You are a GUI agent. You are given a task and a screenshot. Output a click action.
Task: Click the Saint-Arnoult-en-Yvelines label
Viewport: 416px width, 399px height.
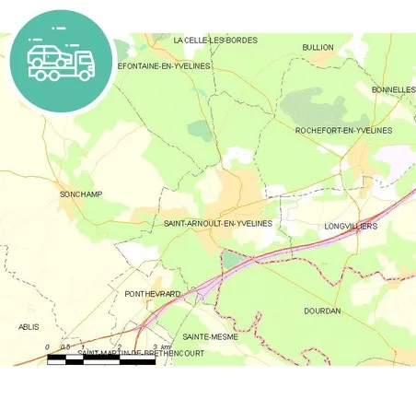click(x=217, y=224)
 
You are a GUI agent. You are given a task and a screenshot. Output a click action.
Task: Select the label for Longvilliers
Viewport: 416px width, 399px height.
click(x=351, y=226)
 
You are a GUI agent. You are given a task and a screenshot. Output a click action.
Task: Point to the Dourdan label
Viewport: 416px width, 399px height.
click(x=322, y=311)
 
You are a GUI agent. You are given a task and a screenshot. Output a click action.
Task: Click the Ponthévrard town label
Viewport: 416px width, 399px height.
click(x=153, y=293)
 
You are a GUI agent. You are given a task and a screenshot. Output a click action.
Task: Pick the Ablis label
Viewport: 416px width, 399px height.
click(x=29, y=326)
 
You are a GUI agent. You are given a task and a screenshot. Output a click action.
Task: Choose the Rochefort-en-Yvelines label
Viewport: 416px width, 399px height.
click(x=343, y=131)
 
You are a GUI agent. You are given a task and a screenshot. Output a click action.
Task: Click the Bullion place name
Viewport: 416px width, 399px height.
click(x=318, y=47)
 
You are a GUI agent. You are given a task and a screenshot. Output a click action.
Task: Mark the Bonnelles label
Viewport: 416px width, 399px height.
click(x=393, y=89)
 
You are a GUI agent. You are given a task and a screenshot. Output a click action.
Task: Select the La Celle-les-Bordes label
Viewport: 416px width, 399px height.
click(x=215, y=41)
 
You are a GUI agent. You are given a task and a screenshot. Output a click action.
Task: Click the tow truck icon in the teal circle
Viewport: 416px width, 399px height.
click(x=61, y=61)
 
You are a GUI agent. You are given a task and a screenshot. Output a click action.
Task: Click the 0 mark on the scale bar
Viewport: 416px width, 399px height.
click(x=48, y=347)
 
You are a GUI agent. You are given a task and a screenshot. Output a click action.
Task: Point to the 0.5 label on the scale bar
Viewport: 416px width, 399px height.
click(x=65, y=347)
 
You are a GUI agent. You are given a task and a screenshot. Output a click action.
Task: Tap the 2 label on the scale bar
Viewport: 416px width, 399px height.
click(x=119, y=347)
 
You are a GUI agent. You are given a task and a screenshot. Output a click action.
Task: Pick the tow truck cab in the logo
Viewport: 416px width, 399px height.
click(x=83, y=64)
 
